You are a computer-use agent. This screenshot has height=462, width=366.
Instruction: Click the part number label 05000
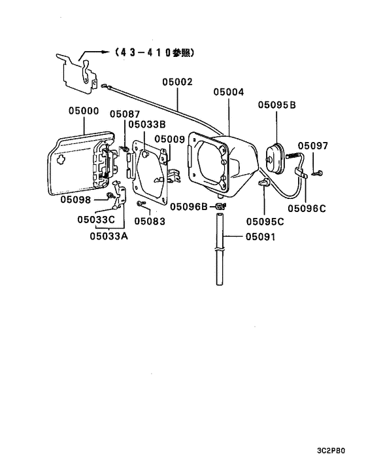pyautogui.click(x=84, y=111)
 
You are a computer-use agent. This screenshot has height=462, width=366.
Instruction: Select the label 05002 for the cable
pyautogui.click(x=177, y=82)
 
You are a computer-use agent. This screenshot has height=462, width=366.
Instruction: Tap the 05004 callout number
pyautogui.click(x=229, y=92)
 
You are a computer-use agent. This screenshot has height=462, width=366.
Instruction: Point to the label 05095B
pyautogui.click(x=277, y=105)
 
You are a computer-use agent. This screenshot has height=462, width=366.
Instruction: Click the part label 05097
pyautogui.click(x=313, y=145)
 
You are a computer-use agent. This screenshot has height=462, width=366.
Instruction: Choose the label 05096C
pyautogui.click(x=307, y=209)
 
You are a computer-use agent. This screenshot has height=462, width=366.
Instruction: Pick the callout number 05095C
pyautogui.click(x=265, y=222)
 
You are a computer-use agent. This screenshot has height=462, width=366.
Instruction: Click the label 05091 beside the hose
pyautogui.click(x=260, y=237)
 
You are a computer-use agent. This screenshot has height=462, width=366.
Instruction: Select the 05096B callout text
pyautogui.click(x=189, y=207)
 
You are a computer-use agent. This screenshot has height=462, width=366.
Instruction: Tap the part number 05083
pyautogui.click(x=150, y=221)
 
